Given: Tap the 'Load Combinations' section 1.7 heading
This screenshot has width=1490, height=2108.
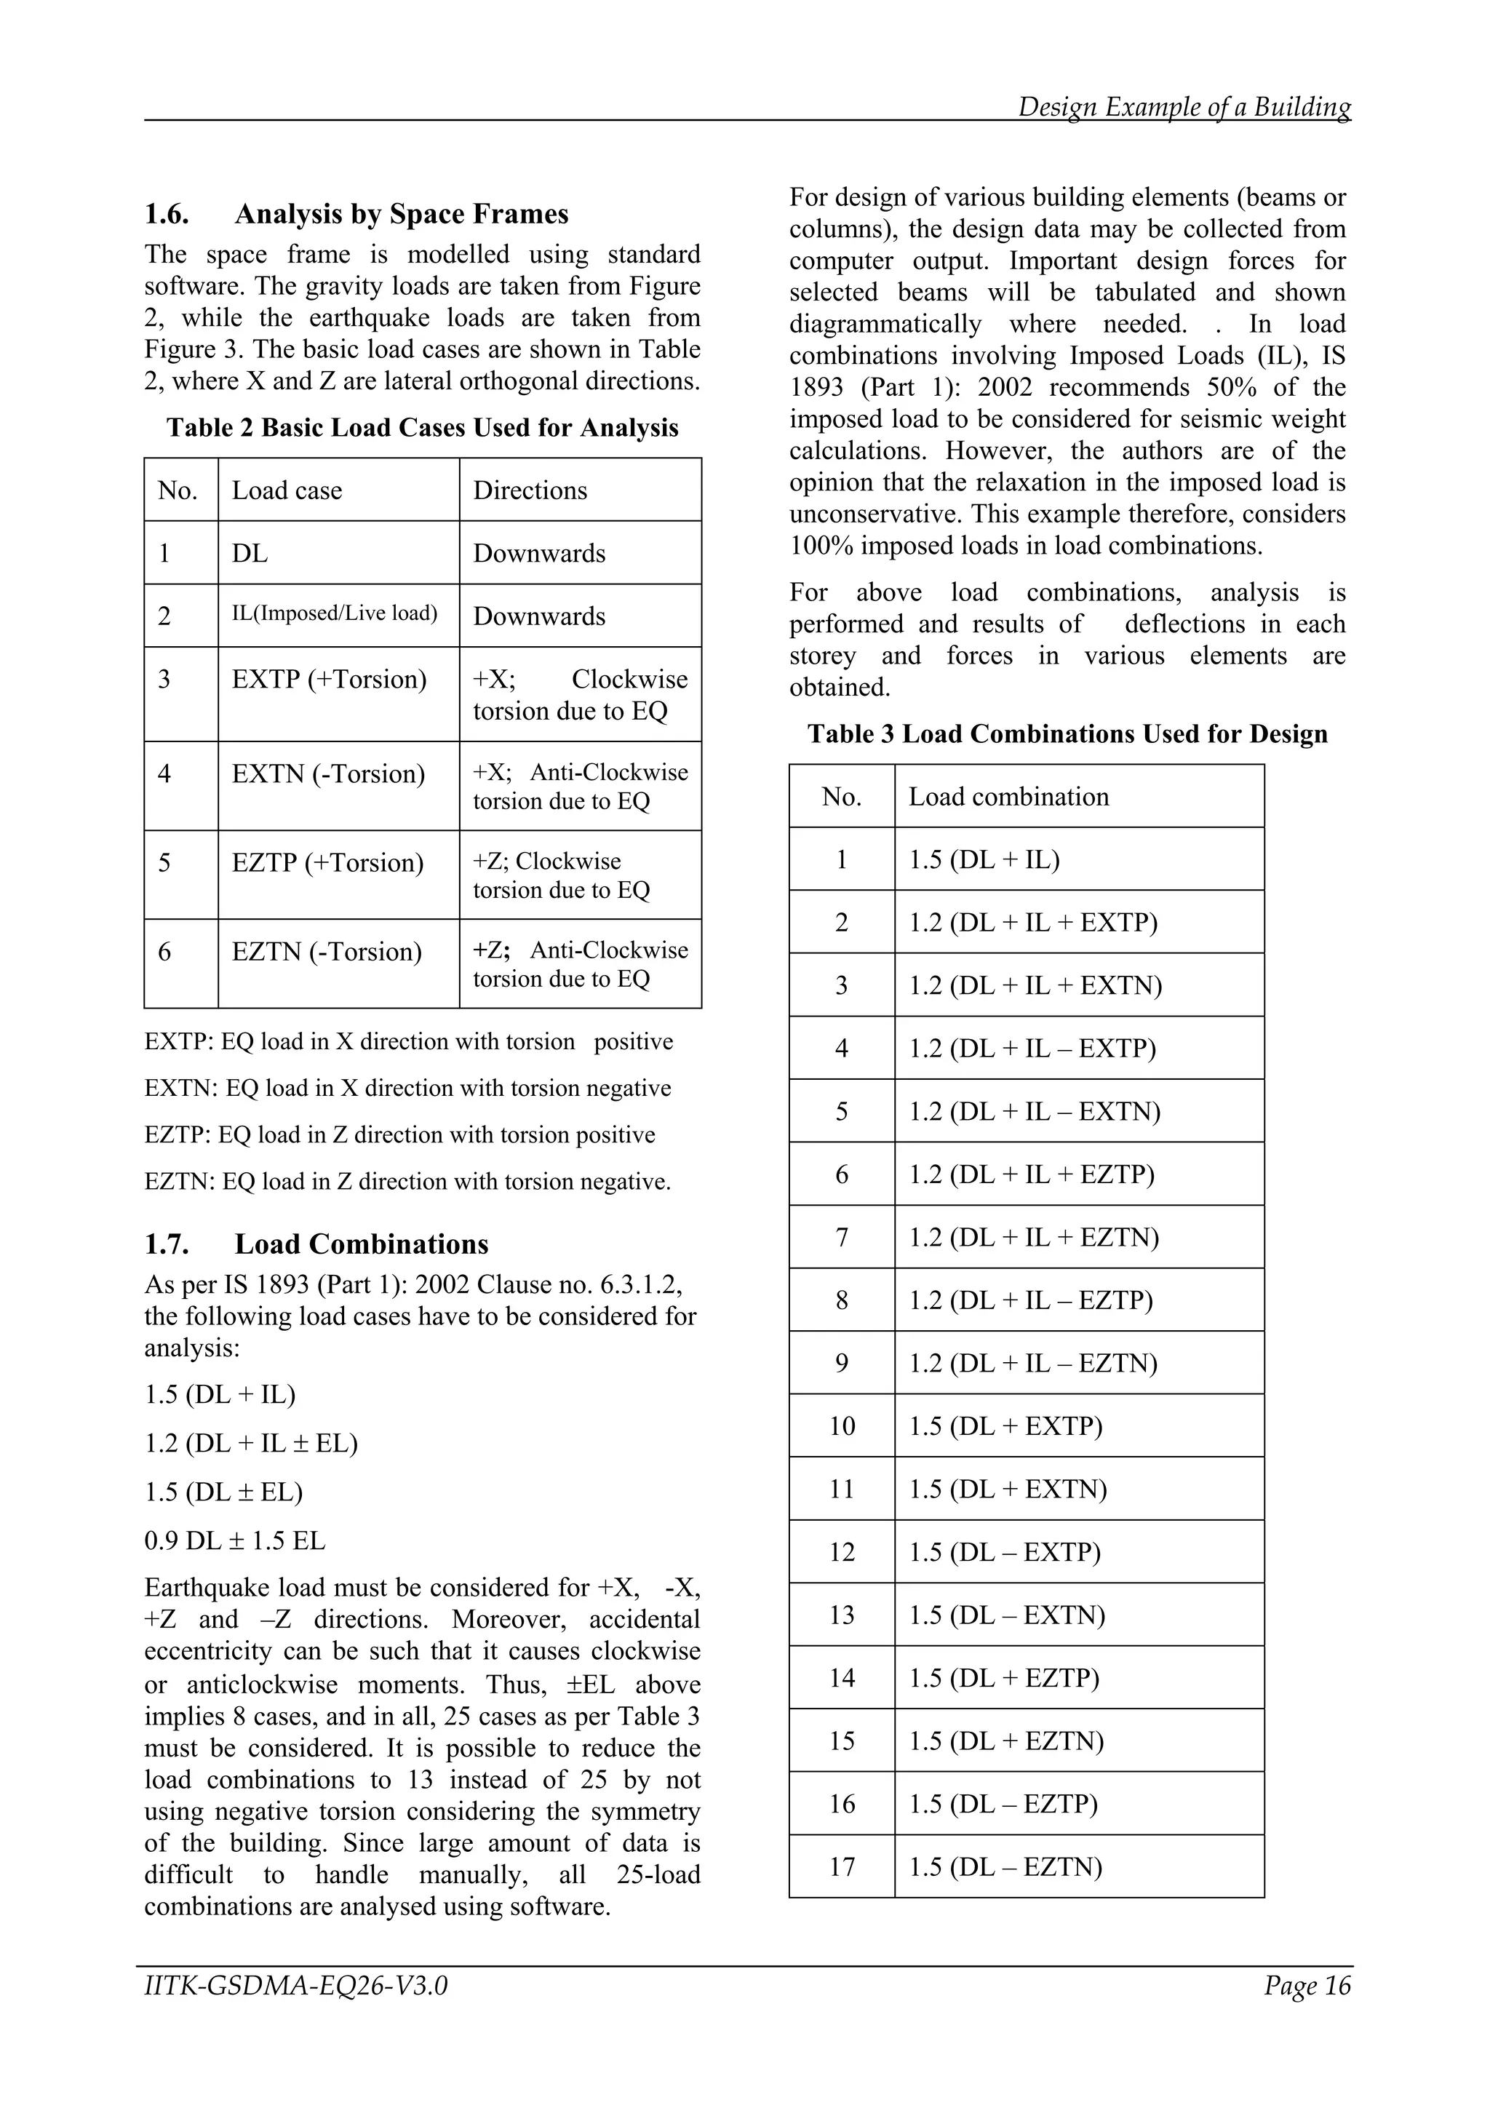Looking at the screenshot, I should click(361, 1244).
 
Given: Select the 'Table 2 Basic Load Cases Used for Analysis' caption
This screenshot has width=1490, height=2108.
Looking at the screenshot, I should click(422, 428).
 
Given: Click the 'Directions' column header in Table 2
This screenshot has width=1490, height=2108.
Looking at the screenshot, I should click(530, 490).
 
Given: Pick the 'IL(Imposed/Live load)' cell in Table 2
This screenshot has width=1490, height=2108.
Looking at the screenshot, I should click(334, 613).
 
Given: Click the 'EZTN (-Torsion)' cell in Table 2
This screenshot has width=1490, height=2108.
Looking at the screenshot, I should click(327, 952).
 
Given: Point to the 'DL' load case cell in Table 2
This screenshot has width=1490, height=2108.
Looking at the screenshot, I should click(250, 554).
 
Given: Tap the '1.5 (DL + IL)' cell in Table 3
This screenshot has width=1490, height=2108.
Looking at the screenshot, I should click(984, 860).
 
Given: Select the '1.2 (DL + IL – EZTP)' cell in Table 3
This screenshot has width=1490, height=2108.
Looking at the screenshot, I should click(1030, 1301).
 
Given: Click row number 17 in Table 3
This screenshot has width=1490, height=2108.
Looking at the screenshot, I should click(842, 1867).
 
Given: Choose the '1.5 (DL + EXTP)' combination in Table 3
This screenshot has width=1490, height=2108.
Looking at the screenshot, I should click(1005, 1427).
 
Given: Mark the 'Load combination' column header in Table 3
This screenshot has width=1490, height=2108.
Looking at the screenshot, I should click(1008, 797).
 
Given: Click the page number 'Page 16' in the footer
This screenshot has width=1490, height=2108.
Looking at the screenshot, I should click(1307, 1986).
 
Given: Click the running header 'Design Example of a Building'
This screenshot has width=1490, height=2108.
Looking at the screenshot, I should click(1184, 108).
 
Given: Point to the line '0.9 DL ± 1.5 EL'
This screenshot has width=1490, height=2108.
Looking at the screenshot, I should click(235, 1540).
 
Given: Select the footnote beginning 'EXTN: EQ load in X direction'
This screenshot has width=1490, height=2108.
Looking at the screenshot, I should click(407, 1089).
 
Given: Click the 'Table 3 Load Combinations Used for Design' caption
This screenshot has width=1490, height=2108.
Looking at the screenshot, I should click(1067, 734).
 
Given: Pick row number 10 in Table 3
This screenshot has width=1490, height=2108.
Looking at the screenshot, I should click(842, 1427).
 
